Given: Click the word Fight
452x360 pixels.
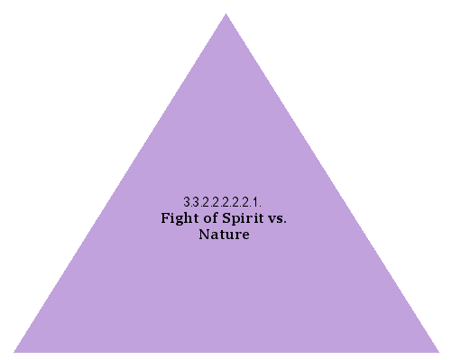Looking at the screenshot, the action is (x=180, y=218).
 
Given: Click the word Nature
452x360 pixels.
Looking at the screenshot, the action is (x=224, y=235).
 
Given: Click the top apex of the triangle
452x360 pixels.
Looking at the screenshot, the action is (x=226, y=14).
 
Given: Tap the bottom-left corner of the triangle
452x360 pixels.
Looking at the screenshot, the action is (x=14, y=351).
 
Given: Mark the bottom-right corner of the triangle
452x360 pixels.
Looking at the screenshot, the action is (x=438, y=351).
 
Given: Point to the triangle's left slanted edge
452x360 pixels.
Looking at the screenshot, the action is (x=120, y=182).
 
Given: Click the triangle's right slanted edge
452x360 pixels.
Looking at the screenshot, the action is (x=332, y=182).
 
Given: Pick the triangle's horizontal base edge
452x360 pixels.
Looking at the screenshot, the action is (x=226, y=351).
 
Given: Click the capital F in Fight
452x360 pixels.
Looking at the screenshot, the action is (x=165, y=218).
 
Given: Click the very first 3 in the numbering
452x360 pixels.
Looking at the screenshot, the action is (x=186, y=202).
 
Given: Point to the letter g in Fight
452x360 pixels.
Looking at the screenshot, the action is (x=180, y=220).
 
